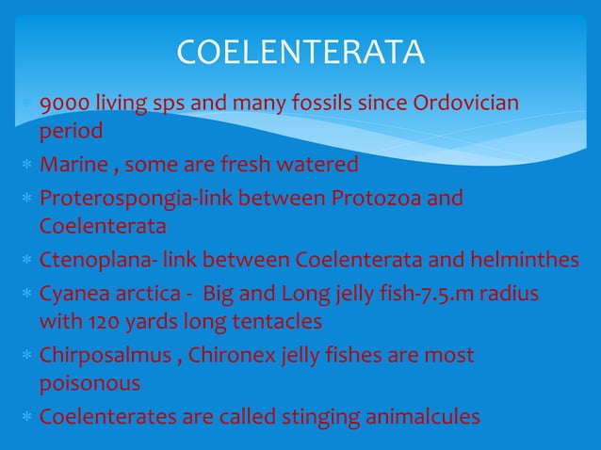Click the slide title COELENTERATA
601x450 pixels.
(300, 53)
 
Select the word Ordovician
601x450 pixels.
(467, 103)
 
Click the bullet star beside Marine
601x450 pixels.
(29, 166)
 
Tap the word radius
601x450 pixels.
(509, 294)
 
